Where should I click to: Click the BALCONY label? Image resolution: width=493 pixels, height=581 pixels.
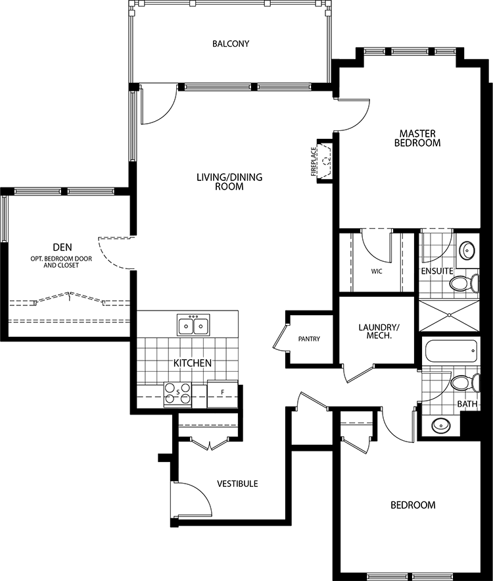[231, 43]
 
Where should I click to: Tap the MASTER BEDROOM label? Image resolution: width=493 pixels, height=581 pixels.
[417, 138]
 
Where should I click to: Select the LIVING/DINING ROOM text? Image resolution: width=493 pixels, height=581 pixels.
[229, 182]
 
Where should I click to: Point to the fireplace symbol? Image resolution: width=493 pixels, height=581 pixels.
[325, 161]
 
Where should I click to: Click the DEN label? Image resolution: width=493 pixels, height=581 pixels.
[62, 247]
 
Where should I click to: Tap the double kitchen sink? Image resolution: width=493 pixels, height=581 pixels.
[193, 325]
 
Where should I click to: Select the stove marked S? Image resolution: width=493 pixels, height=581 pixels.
[177, 393]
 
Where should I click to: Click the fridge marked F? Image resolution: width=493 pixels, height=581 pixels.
[222, 394]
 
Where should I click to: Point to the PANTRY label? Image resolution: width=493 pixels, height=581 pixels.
[309, 339]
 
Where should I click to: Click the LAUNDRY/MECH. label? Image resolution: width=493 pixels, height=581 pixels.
[379, 332]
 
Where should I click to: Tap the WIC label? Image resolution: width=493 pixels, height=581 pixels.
[377, 271]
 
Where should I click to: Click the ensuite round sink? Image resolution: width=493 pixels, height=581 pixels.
[467, 251]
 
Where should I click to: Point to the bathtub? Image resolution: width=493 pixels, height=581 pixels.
[451, 351]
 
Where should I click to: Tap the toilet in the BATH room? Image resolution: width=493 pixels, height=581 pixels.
[465, 383]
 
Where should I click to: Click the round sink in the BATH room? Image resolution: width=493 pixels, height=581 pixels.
[441, 424]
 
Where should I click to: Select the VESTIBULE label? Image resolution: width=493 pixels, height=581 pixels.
[237, 484]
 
